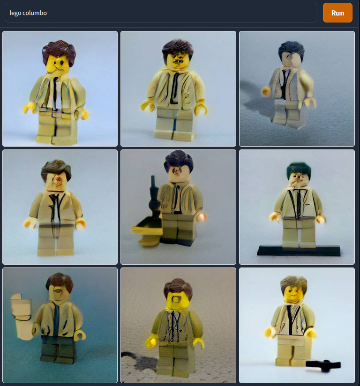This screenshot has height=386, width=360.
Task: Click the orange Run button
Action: click(337, 13)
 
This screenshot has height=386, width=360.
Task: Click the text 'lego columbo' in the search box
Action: click(28, 13)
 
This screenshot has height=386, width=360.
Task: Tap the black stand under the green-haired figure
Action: click(299, 250)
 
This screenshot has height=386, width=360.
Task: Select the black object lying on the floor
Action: click(323, 365)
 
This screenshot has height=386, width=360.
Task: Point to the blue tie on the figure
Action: click(56, 320)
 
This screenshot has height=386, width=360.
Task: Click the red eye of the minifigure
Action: click(57, 181)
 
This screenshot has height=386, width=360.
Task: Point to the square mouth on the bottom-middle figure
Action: click(176, 299)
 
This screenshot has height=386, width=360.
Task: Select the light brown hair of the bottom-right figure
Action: click(294, 283)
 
